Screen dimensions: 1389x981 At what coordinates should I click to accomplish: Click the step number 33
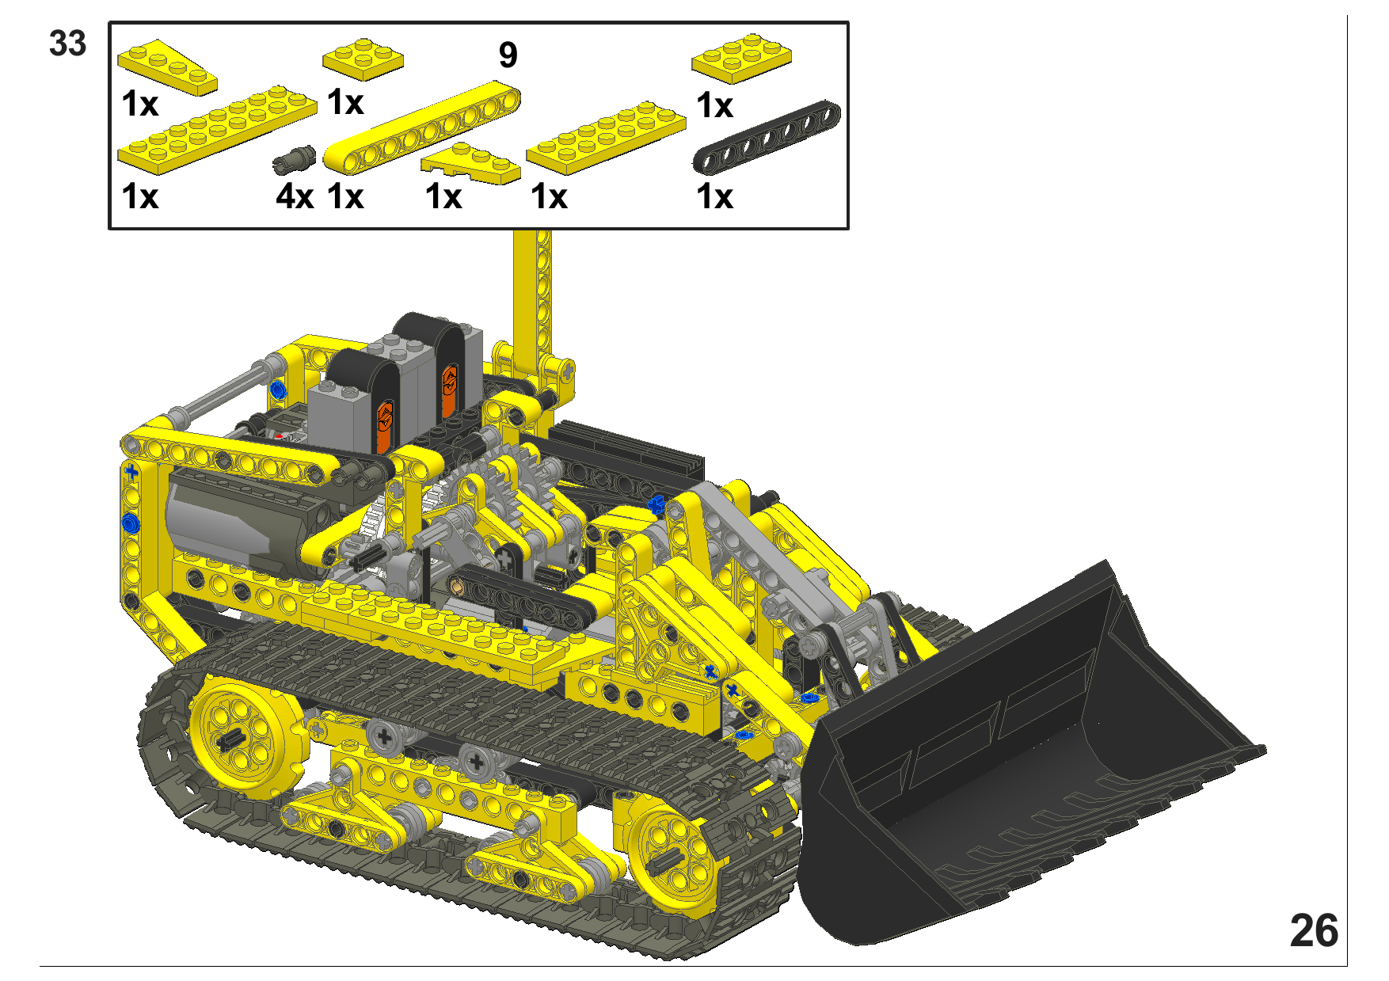pyautogui.click(x=67, y=44)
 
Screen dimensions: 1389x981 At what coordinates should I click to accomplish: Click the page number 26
pyautogui.click(x=1314, y=930)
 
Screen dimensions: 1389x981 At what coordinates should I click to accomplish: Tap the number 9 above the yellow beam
pyautogui.click(x=508, y=55)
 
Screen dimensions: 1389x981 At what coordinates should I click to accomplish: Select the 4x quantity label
pyautogui.click(x=295, y=196)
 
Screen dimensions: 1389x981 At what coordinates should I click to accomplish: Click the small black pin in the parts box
pyautogui.click(x=295, y=158)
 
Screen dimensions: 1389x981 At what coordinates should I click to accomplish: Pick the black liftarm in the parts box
pyautogui.click(x=767, y=136)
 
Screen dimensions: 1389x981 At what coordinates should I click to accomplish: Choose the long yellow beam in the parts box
pyautogui.click(x=422, y=127)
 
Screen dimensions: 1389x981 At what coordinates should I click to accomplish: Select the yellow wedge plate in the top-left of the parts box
pyautogui.click(x=167, y=67)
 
